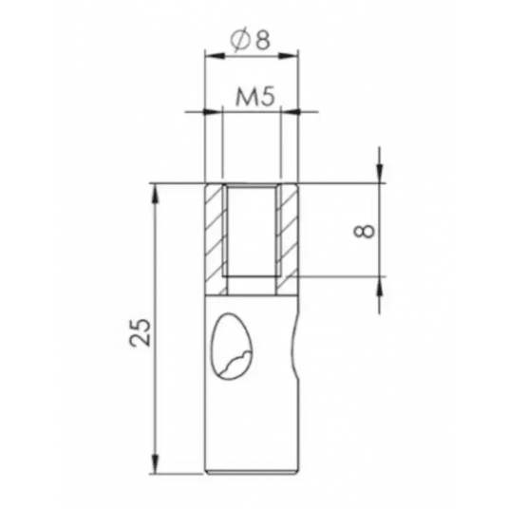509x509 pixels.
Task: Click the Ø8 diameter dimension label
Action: coord(250,41)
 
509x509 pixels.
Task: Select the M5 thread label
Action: coord(254,97)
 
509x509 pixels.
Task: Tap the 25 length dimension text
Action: coord(141,332)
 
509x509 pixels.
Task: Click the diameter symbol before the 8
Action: coord(240,41)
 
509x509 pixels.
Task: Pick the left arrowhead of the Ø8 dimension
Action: coord(215,56)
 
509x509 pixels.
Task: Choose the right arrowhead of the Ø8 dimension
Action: coord(288,56)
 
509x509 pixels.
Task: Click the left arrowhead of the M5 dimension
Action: coord(214,112)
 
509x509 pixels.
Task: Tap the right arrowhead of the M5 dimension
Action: coord(290,112)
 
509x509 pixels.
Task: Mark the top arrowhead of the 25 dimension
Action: coord(156,195)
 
